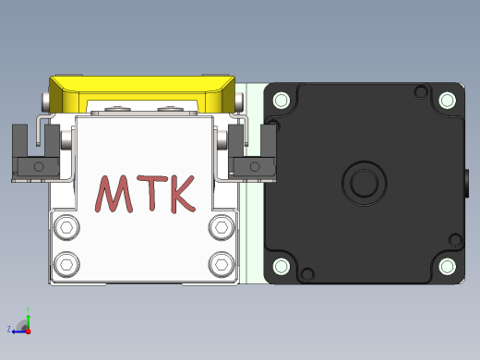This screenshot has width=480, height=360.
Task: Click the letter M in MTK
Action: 114,194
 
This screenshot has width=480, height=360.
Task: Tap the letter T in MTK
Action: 152,193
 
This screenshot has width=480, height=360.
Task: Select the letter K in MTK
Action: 183,194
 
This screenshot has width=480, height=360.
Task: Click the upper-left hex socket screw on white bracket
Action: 66,228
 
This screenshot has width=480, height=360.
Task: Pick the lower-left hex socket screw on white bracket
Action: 66,264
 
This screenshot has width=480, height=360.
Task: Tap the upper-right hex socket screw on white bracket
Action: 222,228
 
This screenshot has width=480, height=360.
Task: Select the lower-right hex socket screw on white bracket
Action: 222,264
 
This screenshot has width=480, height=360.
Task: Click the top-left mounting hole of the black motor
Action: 282,100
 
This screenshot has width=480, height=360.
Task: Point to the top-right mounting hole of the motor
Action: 447,100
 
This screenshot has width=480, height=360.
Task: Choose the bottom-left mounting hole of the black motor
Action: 282,266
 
